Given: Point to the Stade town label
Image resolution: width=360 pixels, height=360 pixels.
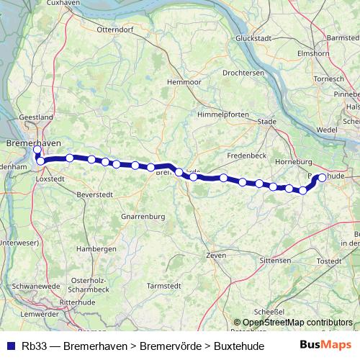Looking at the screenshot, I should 267,122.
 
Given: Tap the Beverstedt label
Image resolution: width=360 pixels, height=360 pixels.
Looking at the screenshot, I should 95,194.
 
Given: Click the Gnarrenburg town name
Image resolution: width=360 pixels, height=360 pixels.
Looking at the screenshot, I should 143,217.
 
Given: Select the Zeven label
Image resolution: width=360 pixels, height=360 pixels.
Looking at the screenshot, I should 216,255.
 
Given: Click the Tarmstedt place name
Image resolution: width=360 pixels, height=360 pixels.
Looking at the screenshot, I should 163,286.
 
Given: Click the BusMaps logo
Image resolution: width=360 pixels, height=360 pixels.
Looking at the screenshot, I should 325,345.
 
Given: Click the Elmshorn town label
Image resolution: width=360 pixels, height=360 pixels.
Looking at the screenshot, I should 312,53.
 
